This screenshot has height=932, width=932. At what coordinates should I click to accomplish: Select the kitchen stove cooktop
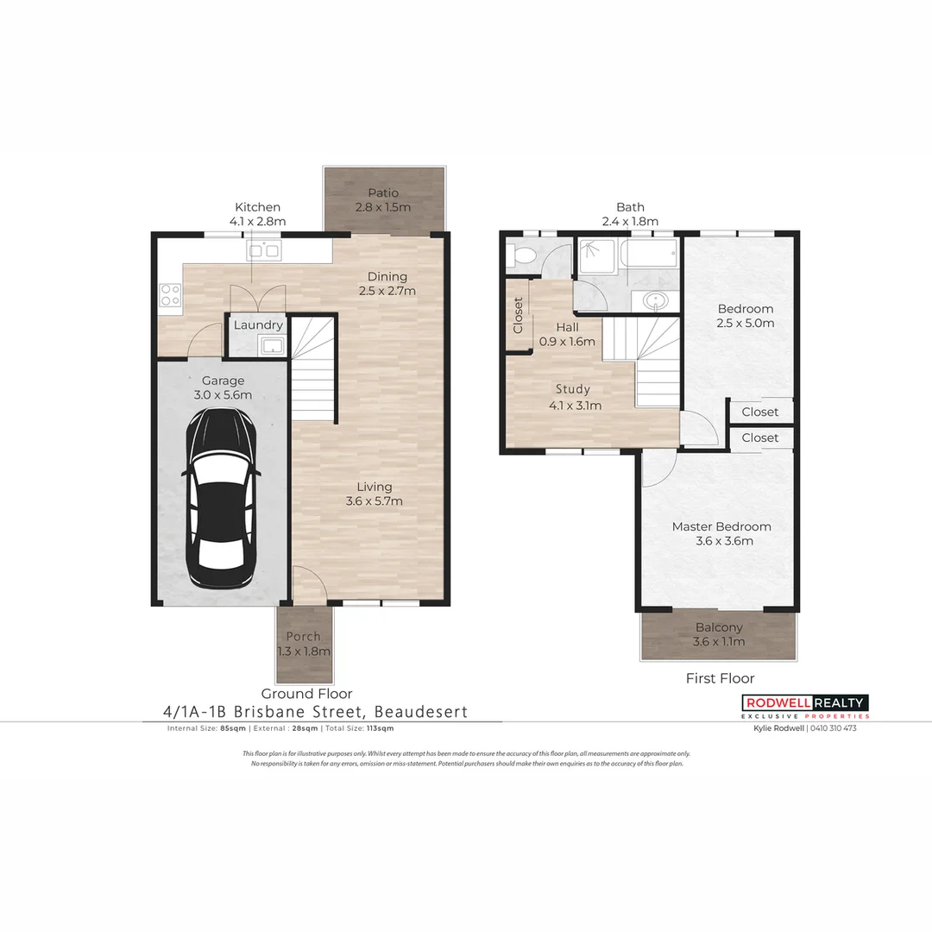pyautogui.click(x=170, y=295)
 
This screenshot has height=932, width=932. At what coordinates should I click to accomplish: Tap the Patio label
pyautogui.click(x=382, y=192)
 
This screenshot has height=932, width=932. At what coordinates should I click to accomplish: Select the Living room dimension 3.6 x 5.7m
pyautogui.click(x=374, y=501)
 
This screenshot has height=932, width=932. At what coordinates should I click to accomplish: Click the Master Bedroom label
pyautogui.click(x=721, y=526)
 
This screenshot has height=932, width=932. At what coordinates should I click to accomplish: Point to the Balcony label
pyautogui.click(x=718, y=627)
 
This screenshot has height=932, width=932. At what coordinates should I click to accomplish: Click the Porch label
pyautogui.click(x=303, y=637)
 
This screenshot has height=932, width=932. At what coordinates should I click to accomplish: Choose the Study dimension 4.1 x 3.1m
pyautogui.click(x=575, y=406)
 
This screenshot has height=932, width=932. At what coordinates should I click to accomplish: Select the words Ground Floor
pyautogui.click(x=306, y=693)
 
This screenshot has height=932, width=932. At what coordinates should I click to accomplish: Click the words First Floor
pyautogui.click(x=720, y=678)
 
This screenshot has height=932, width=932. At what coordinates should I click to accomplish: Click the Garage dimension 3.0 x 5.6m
pyautogui.click(x=224, y=395)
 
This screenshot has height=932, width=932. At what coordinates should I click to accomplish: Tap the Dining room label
pyautogui.click(x=387, y=276)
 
